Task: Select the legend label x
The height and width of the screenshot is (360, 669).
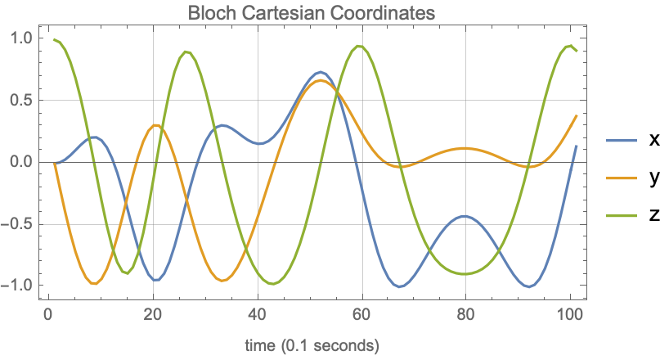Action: [653, 140]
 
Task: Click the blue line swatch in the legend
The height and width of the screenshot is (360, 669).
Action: [622, 141]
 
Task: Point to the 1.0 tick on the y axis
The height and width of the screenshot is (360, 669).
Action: [21, 38]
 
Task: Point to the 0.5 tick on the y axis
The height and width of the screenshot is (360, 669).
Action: [21, 101]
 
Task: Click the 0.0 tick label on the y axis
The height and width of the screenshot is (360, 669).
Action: [21, 162]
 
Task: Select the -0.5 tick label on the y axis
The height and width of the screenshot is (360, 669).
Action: [18, 224]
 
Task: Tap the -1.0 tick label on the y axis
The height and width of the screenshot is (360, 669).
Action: [18, 286]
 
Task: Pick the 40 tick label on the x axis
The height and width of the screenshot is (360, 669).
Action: [257, 315]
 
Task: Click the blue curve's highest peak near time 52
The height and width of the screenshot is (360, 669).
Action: [321, 72]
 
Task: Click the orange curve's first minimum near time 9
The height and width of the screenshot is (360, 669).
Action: [94, 283]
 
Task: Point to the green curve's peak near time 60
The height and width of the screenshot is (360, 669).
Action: [358, 46]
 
